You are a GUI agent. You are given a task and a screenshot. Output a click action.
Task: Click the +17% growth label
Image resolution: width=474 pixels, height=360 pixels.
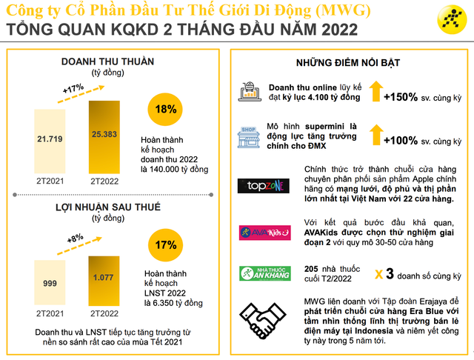pos(73,88)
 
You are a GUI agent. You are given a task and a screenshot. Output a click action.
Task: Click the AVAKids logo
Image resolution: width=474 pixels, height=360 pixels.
pos(258,233)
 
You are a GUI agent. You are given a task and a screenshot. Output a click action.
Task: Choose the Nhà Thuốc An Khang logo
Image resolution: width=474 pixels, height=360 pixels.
pos(258,273)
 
